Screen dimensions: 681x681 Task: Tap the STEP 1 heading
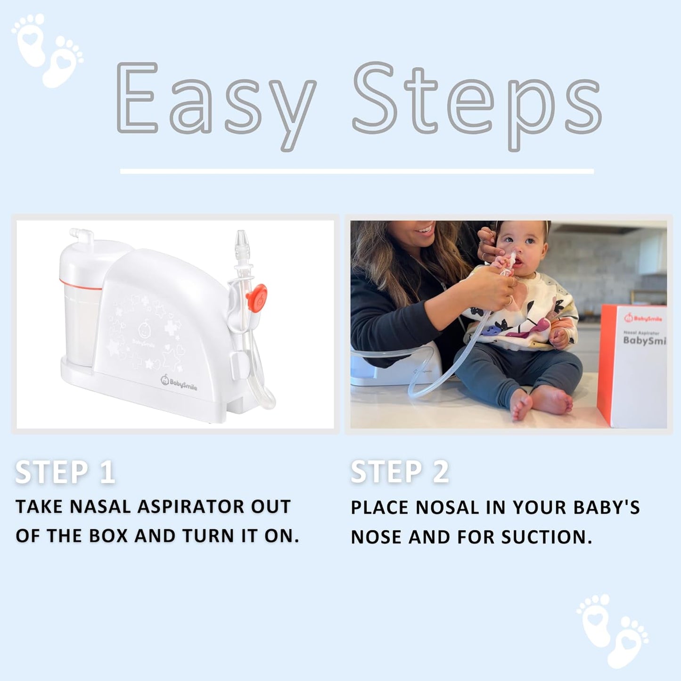[65, 472]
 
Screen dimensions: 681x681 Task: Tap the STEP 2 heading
[400, 472]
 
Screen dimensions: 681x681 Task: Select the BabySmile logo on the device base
[179, 382]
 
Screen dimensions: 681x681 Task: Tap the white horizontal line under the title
[357, 171]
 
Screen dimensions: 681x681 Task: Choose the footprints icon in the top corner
[47, 49]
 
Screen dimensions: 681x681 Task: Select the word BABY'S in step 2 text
[607, 508]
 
